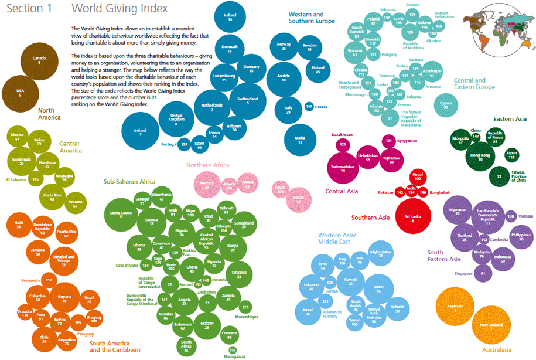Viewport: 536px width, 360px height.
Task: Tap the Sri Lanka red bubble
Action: [413, 218]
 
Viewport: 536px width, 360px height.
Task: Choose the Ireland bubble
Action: [141, 132]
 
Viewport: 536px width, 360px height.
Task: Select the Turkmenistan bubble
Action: [343, 167]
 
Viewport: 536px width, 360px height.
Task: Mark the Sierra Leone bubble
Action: [120, 215]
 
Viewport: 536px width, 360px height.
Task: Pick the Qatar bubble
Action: [378, 288]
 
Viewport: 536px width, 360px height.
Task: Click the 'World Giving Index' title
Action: [119, 9]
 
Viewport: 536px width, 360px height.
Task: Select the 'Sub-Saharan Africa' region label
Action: [129, 181]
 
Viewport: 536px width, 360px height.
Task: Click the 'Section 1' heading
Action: [26, 9]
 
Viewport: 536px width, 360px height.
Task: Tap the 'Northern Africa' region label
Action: [207, 165]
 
